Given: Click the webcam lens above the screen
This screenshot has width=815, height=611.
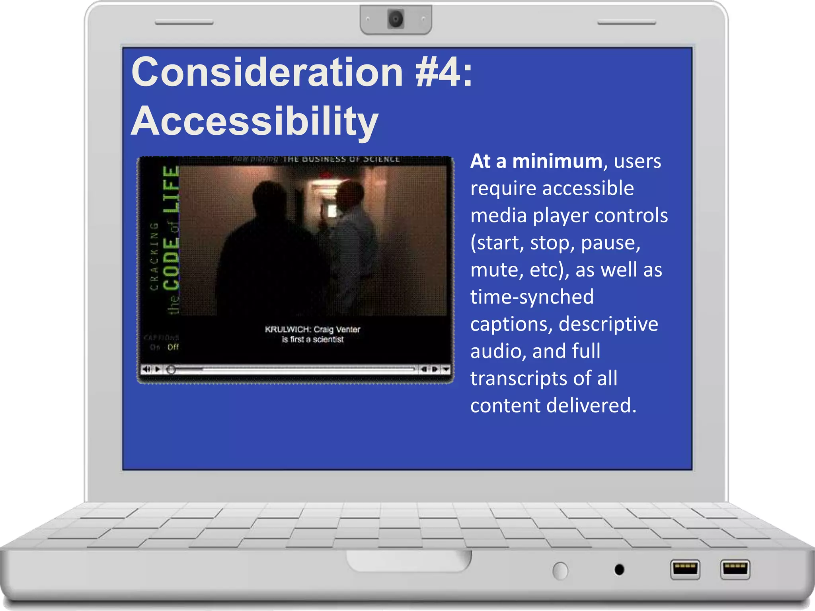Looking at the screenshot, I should click(396, 19).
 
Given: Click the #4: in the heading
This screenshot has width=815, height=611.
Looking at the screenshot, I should click(444, 72).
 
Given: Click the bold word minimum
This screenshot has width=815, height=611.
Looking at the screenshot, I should click(557, 162).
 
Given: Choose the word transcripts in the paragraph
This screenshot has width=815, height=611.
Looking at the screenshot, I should click(521, 378).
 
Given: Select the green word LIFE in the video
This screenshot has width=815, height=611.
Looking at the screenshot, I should click(171, 189).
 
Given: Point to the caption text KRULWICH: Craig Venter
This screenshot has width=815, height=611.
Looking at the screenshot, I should click(312, 329).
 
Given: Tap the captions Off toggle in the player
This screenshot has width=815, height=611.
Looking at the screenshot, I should click(173, 347).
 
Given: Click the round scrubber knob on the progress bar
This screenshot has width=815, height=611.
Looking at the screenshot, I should click(171, 370).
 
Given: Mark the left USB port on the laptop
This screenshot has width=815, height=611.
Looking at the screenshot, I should click(685, 569).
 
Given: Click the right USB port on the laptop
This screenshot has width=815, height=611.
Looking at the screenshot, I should click(735, 569).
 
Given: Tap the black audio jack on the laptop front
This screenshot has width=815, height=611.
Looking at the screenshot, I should click(619, 570).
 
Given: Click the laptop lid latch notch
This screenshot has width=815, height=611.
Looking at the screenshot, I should click(409, 561).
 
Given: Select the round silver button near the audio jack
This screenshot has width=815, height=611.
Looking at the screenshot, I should click(560, 571).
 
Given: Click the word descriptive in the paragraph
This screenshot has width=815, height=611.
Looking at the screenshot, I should click(608, 324).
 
